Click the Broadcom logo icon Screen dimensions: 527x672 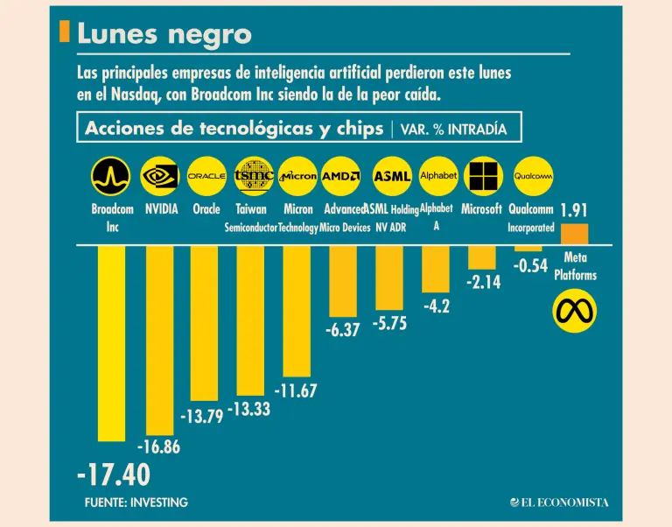111,177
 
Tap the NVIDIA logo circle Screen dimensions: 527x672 160,177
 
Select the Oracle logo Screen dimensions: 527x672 206,177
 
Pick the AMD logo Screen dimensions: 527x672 341,177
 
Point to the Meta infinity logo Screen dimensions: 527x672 575,311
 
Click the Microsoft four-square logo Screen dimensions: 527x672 483,177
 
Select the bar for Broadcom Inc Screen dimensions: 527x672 111,342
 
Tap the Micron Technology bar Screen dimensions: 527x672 297,311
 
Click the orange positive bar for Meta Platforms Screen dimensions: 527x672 575,234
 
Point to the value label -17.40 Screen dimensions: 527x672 113,475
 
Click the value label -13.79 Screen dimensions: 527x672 200,415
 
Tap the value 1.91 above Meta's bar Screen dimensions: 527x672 575,210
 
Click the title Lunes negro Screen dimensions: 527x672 164,33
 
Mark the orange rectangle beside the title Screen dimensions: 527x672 64,32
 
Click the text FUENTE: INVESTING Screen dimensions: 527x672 136,502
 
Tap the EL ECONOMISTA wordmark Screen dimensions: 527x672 560,502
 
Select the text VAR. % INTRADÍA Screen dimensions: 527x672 453,129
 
